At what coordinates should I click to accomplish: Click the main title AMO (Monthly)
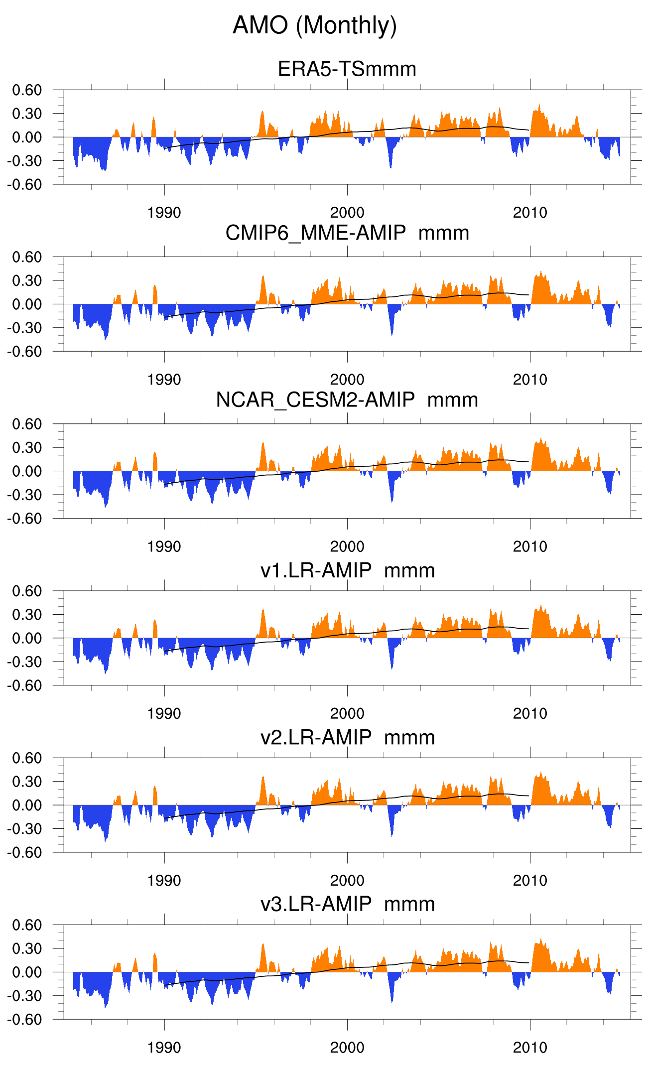point(314,25)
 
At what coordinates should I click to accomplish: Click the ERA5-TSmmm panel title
point(347,69)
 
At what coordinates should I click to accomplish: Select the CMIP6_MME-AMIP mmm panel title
point(347,233)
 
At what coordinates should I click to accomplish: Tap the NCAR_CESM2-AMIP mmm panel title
point(347,400)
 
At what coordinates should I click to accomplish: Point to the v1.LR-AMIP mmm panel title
point(347,570)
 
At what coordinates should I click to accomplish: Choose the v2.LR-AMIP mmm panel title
point(347,737)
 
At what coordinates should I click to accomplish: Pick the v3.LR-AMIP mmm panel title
point(347,904)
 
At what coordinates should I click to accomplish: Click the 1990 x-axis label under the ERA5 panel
point(164,213)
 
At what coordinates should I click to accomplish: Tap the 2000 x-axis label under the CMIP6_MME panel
point(347,380)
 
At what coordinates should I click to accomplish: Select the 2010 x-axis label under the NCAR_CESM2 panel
point(530,546)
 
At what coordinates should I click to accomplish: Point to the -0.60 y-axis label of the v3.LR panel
point(25,1019)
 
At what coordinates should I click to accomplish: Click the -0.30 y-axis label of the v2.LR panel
point(25,829)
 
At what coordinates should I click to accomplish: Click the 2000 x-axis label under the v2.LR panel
point(347,881)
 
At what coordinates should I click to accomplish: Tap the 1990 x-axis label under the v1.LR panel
point(164,713)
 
